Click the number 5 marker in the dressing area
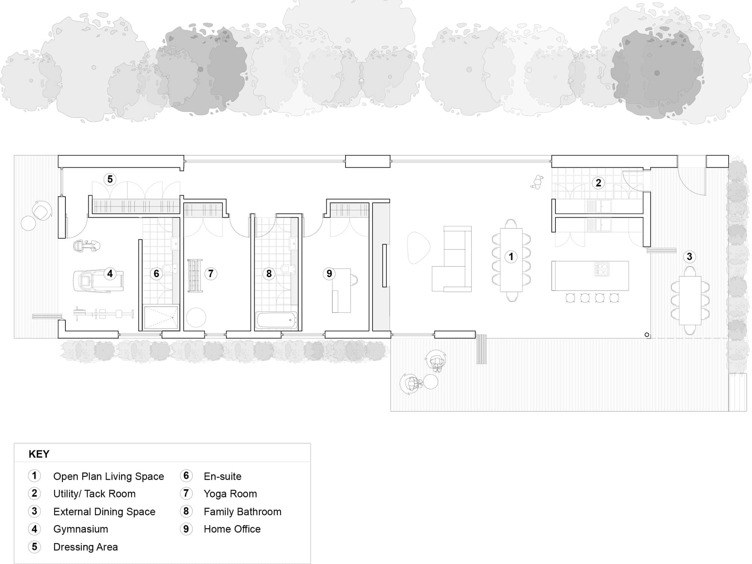110,179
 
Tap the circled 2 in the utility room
598,183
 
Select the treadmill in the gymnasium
98,280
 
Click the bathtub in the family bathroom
277,320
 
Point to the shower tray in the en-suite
161,318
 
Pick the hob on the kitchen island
602,269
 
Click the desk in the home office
341,290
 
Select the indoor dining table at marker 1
511,260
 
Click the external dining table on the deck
690,300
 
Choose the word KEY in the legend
39,454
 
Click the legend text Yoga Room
230,494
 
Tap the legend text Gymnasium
80,529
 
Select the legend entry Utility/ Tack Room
94,494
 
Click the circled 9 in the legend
186,529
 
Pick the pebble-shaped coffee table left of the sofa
418,248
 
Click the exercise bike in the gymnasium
87,246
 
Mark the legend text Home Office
232,529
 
